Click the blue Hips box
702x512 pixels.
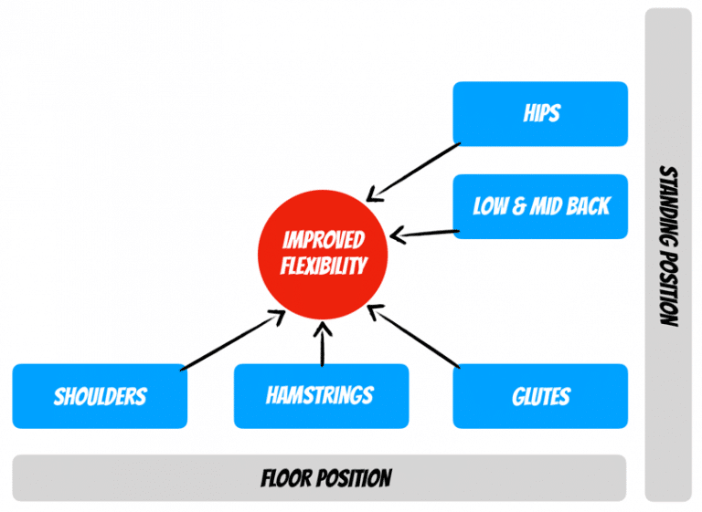[x=540, y=114]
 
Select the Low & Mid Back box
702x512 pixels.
[x=540, y=206]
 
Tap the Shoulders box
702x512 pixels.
[x=100, y=396]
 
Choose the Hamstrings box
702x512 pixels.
[x=320, y=395]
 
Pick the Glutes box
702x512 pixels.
[x=540, y=396]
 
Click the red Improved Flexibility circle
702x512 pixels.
[x=324, y=253]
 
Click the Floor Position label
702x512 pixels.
[x=326, y=477]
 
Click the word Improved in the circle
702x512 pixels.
[x=324, y=241]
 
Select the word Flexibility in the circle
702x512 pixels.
[x=324, y=266]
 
